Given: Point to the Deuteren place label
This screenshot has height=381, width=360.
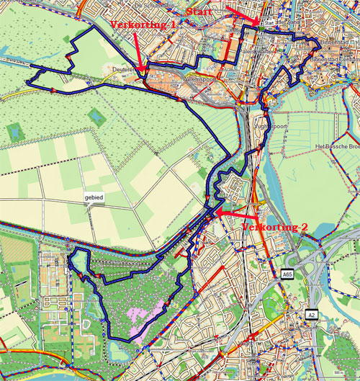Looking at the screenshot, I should [x=124, y=70].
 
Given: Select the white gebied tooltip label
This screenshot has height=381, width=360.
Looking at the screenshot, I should [x=94, y=196].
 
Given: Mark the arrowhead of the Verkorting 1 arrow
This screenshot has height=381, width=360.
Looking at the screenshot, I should [x=144, y=71].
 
